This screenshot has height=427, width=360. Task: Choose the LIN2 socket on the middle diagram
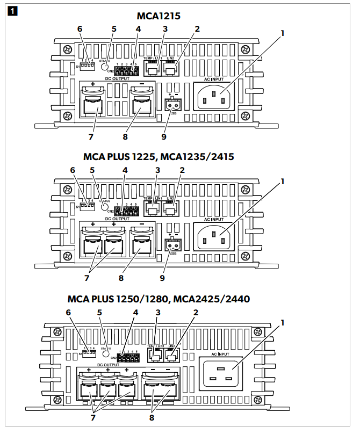pos(170,210)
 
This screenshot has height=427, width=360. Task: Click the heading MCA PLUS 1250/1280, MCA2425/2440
pos(159,298)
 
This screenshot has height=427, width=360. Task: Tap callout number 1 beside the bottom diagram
pos(282,324)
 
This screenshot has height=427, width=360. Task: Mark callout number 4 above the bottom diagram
pos(136,312)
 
